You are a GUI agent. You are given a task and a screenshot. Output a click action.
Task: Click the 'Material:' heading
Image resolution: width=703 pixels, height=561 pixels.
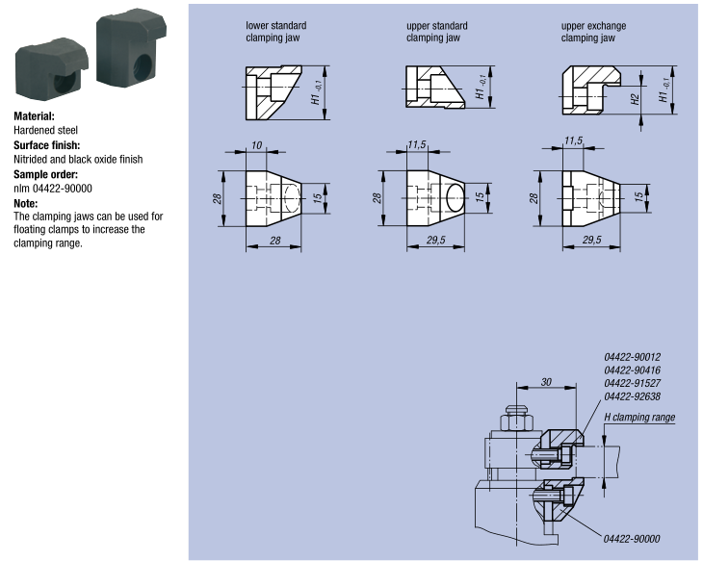pyautogui.click(x=40, y=115)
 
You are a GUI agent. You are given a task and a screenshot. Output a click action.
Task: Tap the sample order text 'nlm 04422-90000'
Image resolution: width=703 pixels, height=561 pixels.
pyautogui.click(x=53, y=188)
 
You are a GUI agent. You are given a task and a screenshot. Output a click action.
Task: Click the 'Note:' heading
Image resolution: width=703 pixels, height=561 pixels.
pyautogui.click(x=26, y=203)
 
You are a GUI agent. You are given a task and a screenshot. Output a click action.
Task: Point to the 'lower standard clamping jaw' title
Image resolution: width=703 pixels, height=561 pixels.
pyautogui.click(x=275, y=32)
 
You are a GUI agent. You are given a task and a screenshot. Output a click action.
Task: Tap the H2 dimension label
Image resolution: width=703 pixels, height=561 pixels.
pyautogui.click(x=636, y=98)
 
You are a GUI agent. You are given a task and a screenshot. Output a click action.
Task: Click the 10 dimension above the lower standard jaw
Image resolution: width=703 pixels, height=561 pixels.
pyautogui.click(x=256, y=144)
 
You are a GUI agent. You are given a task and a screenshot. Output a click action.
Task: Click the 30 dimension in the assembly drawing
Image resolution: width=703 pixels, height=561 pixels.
pyautogui.click(x=546, y=382)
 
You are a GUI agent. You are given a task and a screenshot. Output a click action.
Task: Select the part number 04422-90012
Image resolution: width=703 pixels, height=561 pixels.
pyautogui.click(x=633, y=356)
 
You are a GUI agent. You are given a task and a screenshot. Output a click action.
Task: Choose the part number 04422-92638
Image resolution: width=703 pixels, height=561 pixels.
pyautogui.click(x=633, y=396)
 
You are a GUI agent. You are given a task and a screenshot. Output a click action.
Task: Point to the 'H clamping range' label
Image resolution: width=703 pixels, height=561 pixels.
pyautogui.click(x=639, y=417)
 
